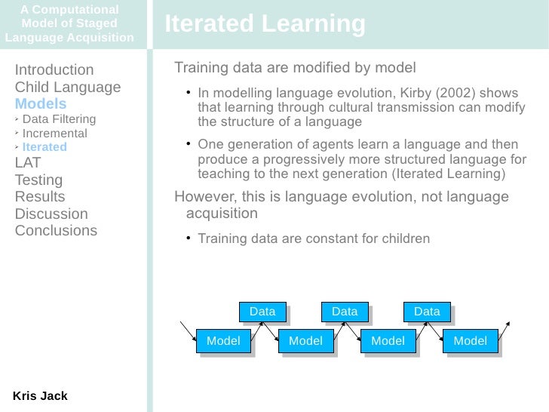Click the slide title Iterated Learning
pos(265,24)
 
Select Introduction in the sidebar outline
pos(54,70)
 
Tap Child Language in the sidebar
pos(68,87)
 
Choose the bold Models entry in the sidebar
pos(41,103)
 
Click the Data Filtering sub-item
pos(59,119)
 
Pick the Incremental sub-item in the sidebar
pos(54,134)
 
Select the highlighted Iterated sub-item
pos(44,147)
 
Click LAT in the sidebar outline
pos(28,162)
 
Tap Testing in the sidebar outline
pos(38,180)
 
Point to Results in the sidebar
pos(40,197)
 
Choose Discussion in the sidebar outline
pos(51,214)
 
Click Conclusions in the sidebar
pos(56,230)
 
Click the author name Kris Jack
pos(40,395)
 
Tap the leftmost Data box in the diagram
pos(262,311)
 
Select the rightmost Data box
pos(427,311)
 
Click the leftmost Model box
pos(223,341)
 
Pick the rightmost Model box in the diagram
pos(470,341)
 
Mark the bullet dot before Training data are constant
pos(189,239)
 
